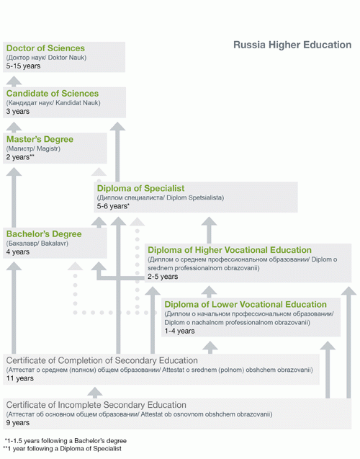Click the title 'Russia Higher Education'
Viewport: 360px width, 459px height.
[292, 45]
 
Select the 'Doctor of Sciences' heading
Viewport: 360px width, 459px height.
[45, 48]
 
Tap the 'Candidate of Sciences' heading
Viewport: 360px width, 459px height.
[53, 94]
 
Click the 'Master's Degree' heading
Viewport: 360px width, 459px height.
[40, 139]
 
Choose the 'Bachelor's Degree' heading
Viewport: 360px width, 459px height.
[44, 234]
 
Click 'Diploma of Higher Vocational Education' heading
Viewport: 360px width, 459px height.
[230, 250]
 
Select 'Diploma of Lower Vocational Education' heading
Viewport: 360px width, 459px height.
[246, 305]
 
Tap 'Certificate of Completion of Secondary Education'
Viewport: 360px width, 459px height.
[102, 360]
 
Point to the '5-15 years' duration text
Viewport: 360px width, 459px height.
[23, 66]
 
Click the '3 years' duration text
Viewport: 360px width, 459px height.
[18, 112]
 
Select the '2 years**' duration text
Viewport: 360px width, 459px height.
[21, 157]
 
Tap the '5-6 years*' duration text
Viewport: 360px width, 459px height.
[113, 206]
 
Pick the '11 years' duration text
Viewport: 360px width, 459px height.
[19, 378]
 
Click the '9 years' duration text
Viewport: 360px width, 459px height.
[18, 423]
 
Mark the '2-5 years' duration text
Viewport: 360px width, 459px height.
[163, 276]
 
